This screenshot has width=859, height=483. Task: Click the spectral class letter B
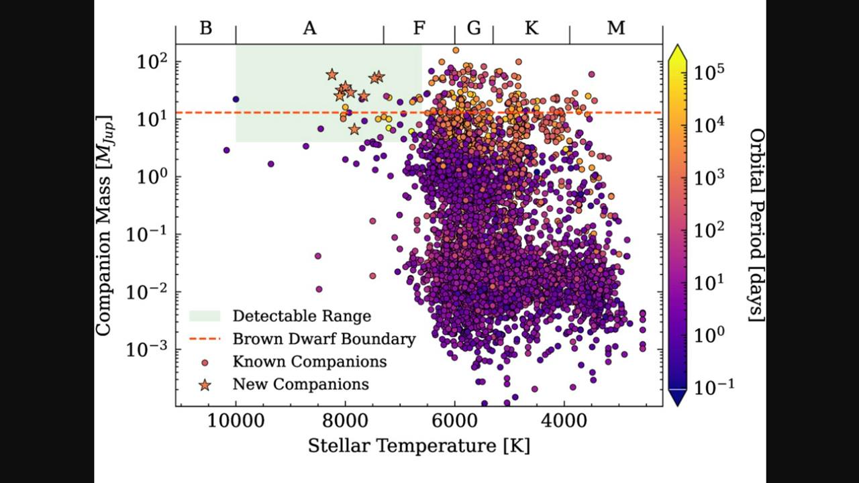pyautogui.click(x=206, y=28)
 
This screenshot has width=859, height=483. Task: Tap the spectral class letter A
pyautogui.click(x=310, y=28)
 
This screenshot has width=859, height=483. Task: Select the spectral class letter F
pyautogui.click(x=419, y=28)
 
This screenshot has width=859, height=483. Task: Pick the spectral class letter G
pyautogui.click(x=474, y=28)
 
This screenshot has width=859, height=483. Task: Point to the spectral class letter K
pyautogui.click(x=532, y=28)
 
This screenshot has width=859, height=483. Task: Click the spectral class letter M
pyautogui.click(x=616, y=28)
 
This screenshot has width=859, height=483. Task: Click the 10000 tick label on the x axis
pyautogui.click(x=236, y=422)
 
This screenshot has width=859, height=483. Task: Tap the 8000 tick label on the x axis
pyautogui.click(x=345, y=422)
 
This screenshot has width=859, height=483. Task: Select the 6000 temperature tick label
pyautogui.click(x=455, y=422)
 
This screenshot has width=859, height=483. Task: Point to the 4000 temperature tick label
pyautogui.click(x=564, y=422)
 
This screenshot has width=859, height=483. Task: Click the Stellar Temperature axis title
pyautogui.click(x=419, y=447)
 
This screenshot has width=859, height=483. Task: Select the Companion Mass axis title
pyautogui.click(x=103, y=225)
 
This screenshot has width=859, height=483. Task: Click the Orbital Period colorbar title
pyautogui.click(x=756, y=225)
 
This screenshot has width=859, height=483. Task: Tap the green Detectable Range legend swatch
pyautogui.click(x=205, y=316)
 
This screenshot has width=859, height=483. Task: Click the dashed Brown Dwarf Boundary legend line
pyautogui.click(x=205, y=339)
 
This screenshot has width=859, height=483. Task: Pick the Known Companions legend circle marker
pyautogui.click(x=205, y=362)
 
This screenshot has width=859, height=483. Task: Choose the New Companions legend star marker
pyautogui.click(x=205, y=385)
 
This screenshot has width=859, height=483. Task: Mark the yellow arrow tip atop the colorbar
pyautogui.click(x=678, y=45)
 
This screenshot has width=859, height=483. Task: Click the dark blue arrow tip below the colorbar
pyautogui.click(x=678, y=405)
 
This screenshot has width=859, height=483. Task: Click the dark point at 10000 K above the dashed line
pyautogui.click(x=236, y=99)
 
